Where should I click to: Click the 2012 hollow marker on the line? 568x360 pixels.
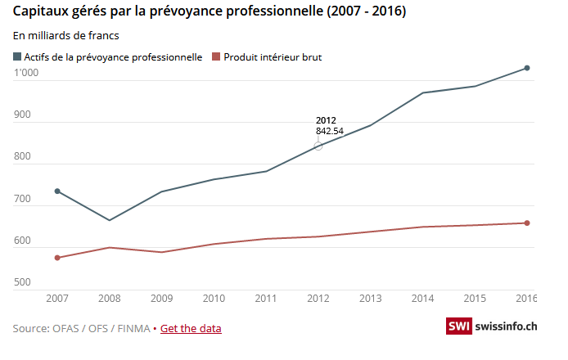pyautogui.click(x=318, y=146)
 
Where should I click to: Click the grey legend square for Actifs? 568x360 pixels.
pyautogui.click(x=17, y=56)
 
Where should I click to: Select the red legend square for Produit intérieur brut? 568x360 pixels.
pyautogui.click(x=216, y=56)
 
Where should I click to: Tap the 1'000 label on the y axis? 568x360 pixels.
pyautogui.click(x=27, y=73)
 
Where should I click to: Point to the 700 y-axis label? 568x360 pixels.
pyautogui.click(x=22, y=199)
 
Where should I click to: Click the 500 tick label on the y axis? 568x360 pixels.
pyautogui.click(x=22, y=282)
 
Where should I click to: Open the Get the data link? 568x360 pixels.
pyautogui.click(x=191, y=329)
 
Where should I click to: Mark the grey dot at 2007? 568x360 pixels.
pyautogui.click(x=57, y=191)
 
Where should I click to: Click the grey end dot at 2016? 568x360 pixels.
pyautogui.click(x=527, y=68)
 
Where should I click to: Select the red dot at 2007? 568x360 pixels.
pyautogui.click(x=57, y=258)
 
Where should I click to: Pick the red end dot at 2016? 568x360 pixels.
pyautogui.click(x=527, y=223)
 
